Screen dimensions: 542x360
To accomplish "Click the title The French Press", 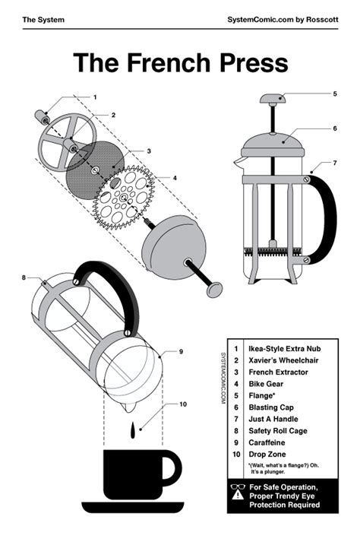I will tap(180, 63).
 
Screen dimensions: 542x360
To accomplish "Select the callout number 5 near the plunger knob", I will tap(334, 94).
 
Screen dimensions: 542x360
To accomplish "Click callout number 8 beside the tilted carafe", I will tap(24, 277).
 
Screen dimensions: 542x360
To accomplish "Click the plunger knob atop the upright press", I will tap(273, 98).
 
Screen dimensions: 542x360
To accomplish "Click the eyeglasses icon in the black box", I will tap(237, 487).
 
